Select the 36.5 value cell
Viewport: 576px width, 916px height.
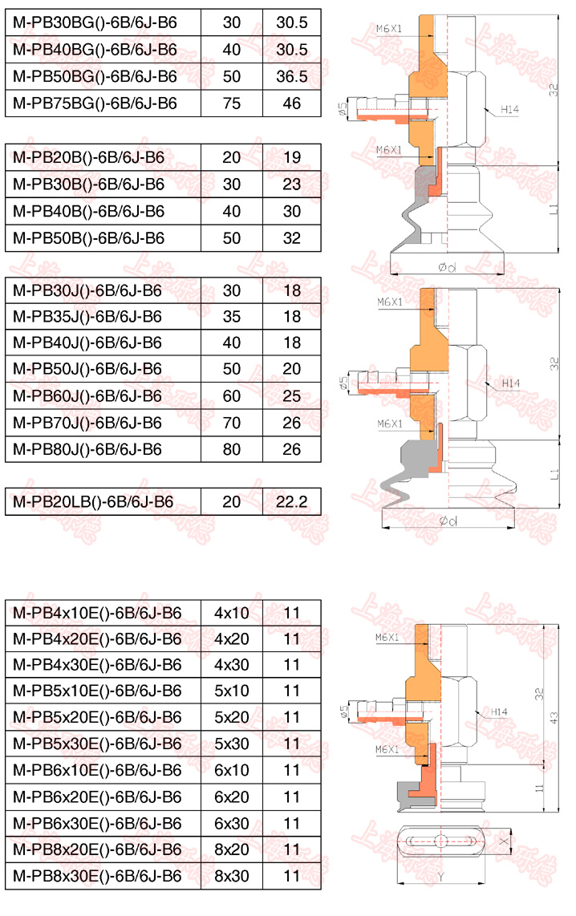click(291, 76)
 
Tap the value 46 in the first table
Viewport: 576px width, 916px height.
click(291, 103)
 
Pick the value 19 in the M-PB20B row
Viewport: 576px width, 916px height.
click(291, 157)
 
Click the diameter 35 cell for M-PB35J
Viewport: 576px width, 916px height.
click(231, 317)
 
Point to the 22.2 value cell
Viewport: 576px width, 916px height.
click(291, 503)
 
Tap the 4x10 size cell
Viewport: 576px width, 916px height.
click(231, 614)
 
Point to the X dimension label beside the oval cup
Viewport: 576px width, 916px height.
click(504, 841)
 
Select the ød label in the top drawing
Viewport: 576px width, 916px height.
click(446, 268)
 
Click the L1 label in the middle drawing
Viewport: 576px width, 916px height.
click(554, 474)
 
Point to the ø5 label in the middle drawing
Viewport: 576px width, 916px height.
click(343, 383)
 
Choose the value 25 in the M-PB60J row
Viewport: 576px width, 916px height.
click(291, 395)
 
